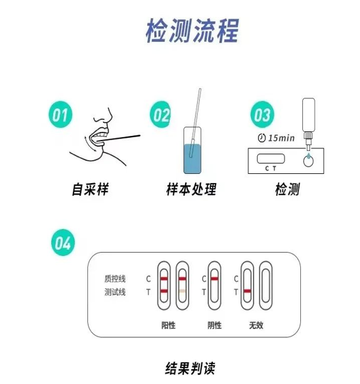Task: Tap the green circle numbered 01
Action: tap(60, 116)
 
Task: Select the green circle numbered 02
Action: tap(162, 116)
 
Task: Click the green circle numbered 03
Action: tap(262, 116)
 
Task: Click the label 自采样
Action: tap(89, 190)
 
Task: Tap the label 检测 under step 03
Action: tap(287, 190)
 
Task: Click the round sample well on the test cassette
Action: tap(308, 160)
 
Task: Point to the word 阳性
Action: tap(169, 324)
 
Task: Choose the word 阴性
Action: tap(214, 324)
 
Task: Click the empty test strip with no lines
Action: tap(265, 286)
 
